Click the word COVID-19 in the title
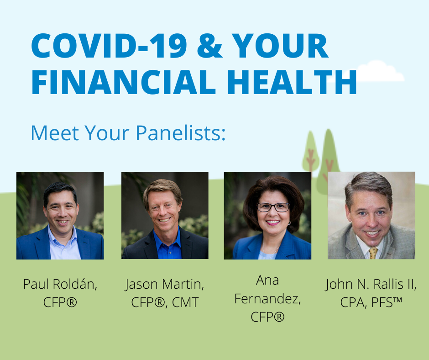point(109,46)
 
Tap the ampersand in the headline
point(209,46)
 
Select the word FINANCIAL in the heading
point(124,82)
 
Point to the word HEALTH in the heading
point(292,82)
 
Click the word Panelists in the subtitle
point(181,133)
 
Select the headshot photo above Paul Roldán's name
point(60,216)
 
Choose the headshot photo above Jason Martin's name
point(165,216)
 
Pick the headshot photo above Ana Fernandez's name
point(267,216)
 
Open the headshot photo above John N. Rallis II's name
point(371,215)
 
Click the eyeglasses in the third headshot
point(273,207)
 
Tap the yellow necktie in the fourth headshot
point(373,253)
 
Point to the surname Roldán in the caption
point(75,284)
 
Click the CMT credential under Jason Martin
point(185,302)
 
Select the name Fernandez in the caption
point(267,299)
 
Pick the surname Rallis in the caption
point(388,284)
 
